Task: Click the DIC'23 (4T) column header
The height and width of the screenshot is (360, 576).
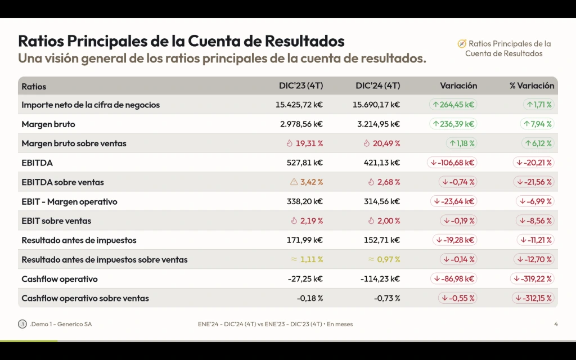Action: tap(301, 86)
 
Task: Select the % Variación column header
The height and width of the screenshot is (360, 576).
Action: tap(532, 86)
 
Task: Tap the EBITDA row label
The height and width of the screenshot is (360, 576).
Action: tap(37, 163)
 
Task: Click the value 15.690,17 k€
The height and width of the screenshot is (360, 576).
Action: tap(376, 105)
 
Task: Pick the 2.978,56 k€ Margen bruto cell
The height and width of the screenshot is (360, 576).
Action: tap(301, 124)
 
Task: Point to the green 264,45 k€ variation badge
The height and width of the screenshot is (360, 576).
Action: tap(453, 105)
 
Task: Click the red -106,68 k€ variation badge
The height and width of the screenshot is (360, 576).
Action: tap(452, 163)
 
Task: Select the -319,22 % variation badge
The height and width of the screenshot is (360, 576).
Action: tap(532, 278)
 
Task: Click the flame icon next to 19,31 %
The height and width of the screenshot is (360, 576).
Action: tap(290, 143)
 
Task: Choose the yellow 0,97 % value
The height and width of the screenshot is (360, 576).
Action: tap(388, 259)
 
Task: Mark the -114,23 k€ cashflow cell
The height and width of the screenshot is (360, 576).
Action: tap(380, 279)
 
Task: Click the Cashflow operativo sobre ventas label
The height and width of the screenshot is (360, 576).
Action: tap(85, 298)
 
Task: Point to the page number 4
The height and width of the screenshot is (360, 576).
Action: tap(556, 324)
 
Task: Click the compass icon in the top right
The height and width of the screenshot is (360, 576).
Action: tap(462, 44)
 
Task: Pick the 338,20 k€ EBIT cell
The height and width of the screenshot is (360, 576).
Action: tap(305, 201)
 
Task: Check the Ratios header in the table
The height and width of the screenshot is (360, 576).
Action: tap(34, 87)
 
